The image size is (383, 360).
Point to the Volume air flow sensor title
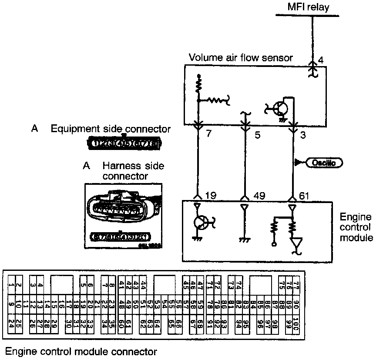(241, 58)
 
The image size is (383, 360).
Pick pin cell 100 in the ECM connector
(296, 323)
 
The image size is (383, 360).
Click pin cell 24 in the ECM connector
(11, 323)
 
